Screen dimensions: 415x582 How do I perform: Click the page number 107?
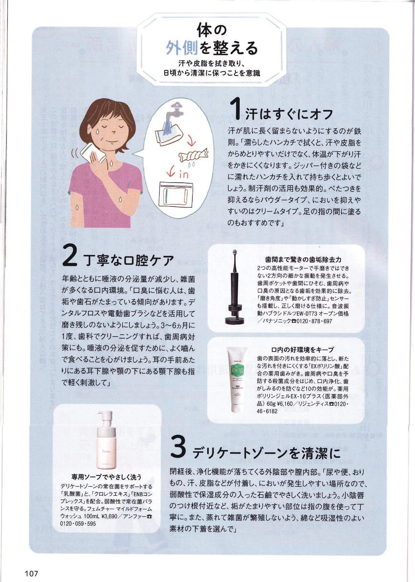[31, 573]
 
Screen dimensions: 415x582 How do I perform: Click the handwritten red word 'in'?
[183, 174]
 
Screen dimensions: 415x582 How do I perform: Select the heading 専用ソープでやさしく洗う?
[106, 477]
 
